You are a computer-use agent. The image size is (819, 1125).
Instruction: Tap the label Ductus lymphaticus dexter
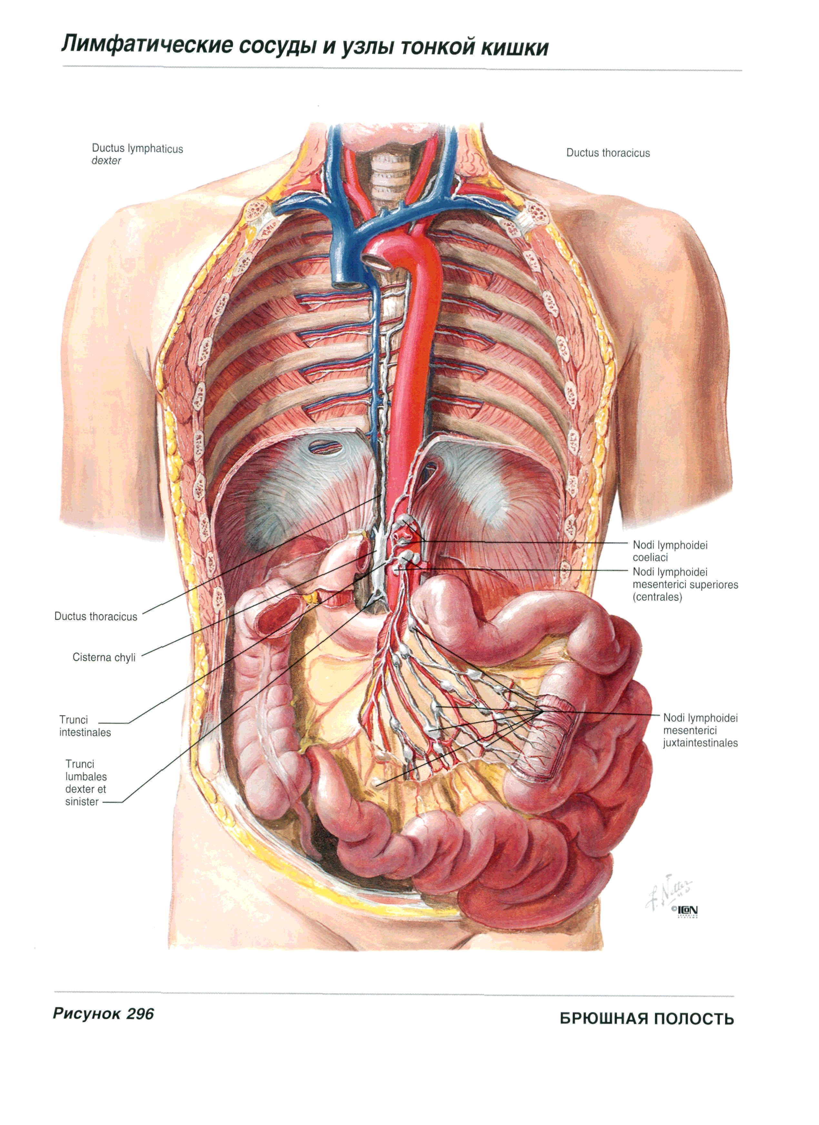coord(137,154)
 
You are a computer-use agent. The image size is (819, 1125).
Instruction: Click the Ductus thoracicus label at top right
coord(608,153)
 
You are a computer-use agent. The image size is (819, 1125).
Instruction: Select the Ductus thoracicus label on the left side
coord(96,617)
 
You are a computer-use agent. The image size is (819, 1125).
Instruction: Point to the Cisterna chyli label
coord(104,657)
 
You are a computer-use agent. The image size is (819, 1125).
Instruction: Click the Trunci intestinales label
coord(85,726)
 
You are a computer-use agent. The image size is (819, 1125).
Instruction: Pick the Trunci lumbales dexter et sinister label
coord(86,782)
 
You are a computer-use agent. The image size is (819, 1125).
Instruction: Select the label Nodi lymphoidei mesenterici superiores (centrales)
coord(685,584)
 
